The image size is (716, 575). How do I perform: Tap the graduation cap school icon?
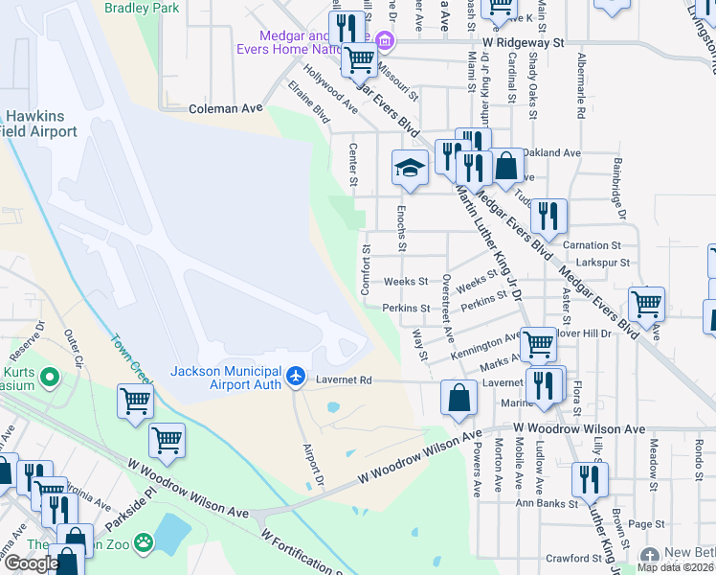point(410,169)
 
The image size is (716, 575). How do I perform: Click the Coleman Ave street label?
point(225,109)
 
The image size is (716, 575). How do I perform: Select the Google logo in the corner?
point(32,563)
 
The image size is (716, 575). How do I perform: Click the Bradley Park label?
point(143,7)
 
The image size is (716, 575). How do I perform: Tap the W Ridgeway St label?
point(524,43)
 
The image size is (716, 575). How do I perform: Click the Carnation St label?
point(598,245)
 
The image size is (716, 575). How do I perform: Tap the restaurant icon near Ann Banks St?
point(589,479)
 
